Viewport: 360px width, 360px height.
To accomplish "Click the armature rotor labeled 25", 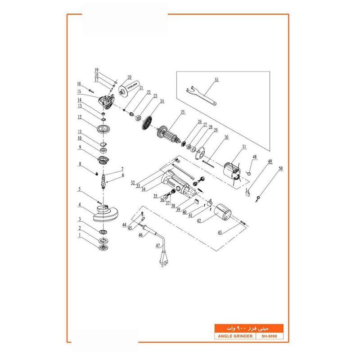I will point(171,135).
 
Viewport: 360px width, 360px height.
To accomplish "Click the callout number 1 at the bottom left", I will point(80,234).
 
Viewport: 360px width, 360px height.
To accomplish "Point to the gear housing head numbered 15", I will point(107,102).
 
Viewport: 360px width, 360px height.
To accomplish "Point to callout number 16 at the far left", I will point(79,84).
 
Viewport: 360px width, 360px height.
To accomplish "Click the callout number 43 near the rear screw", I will point(220,232).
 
